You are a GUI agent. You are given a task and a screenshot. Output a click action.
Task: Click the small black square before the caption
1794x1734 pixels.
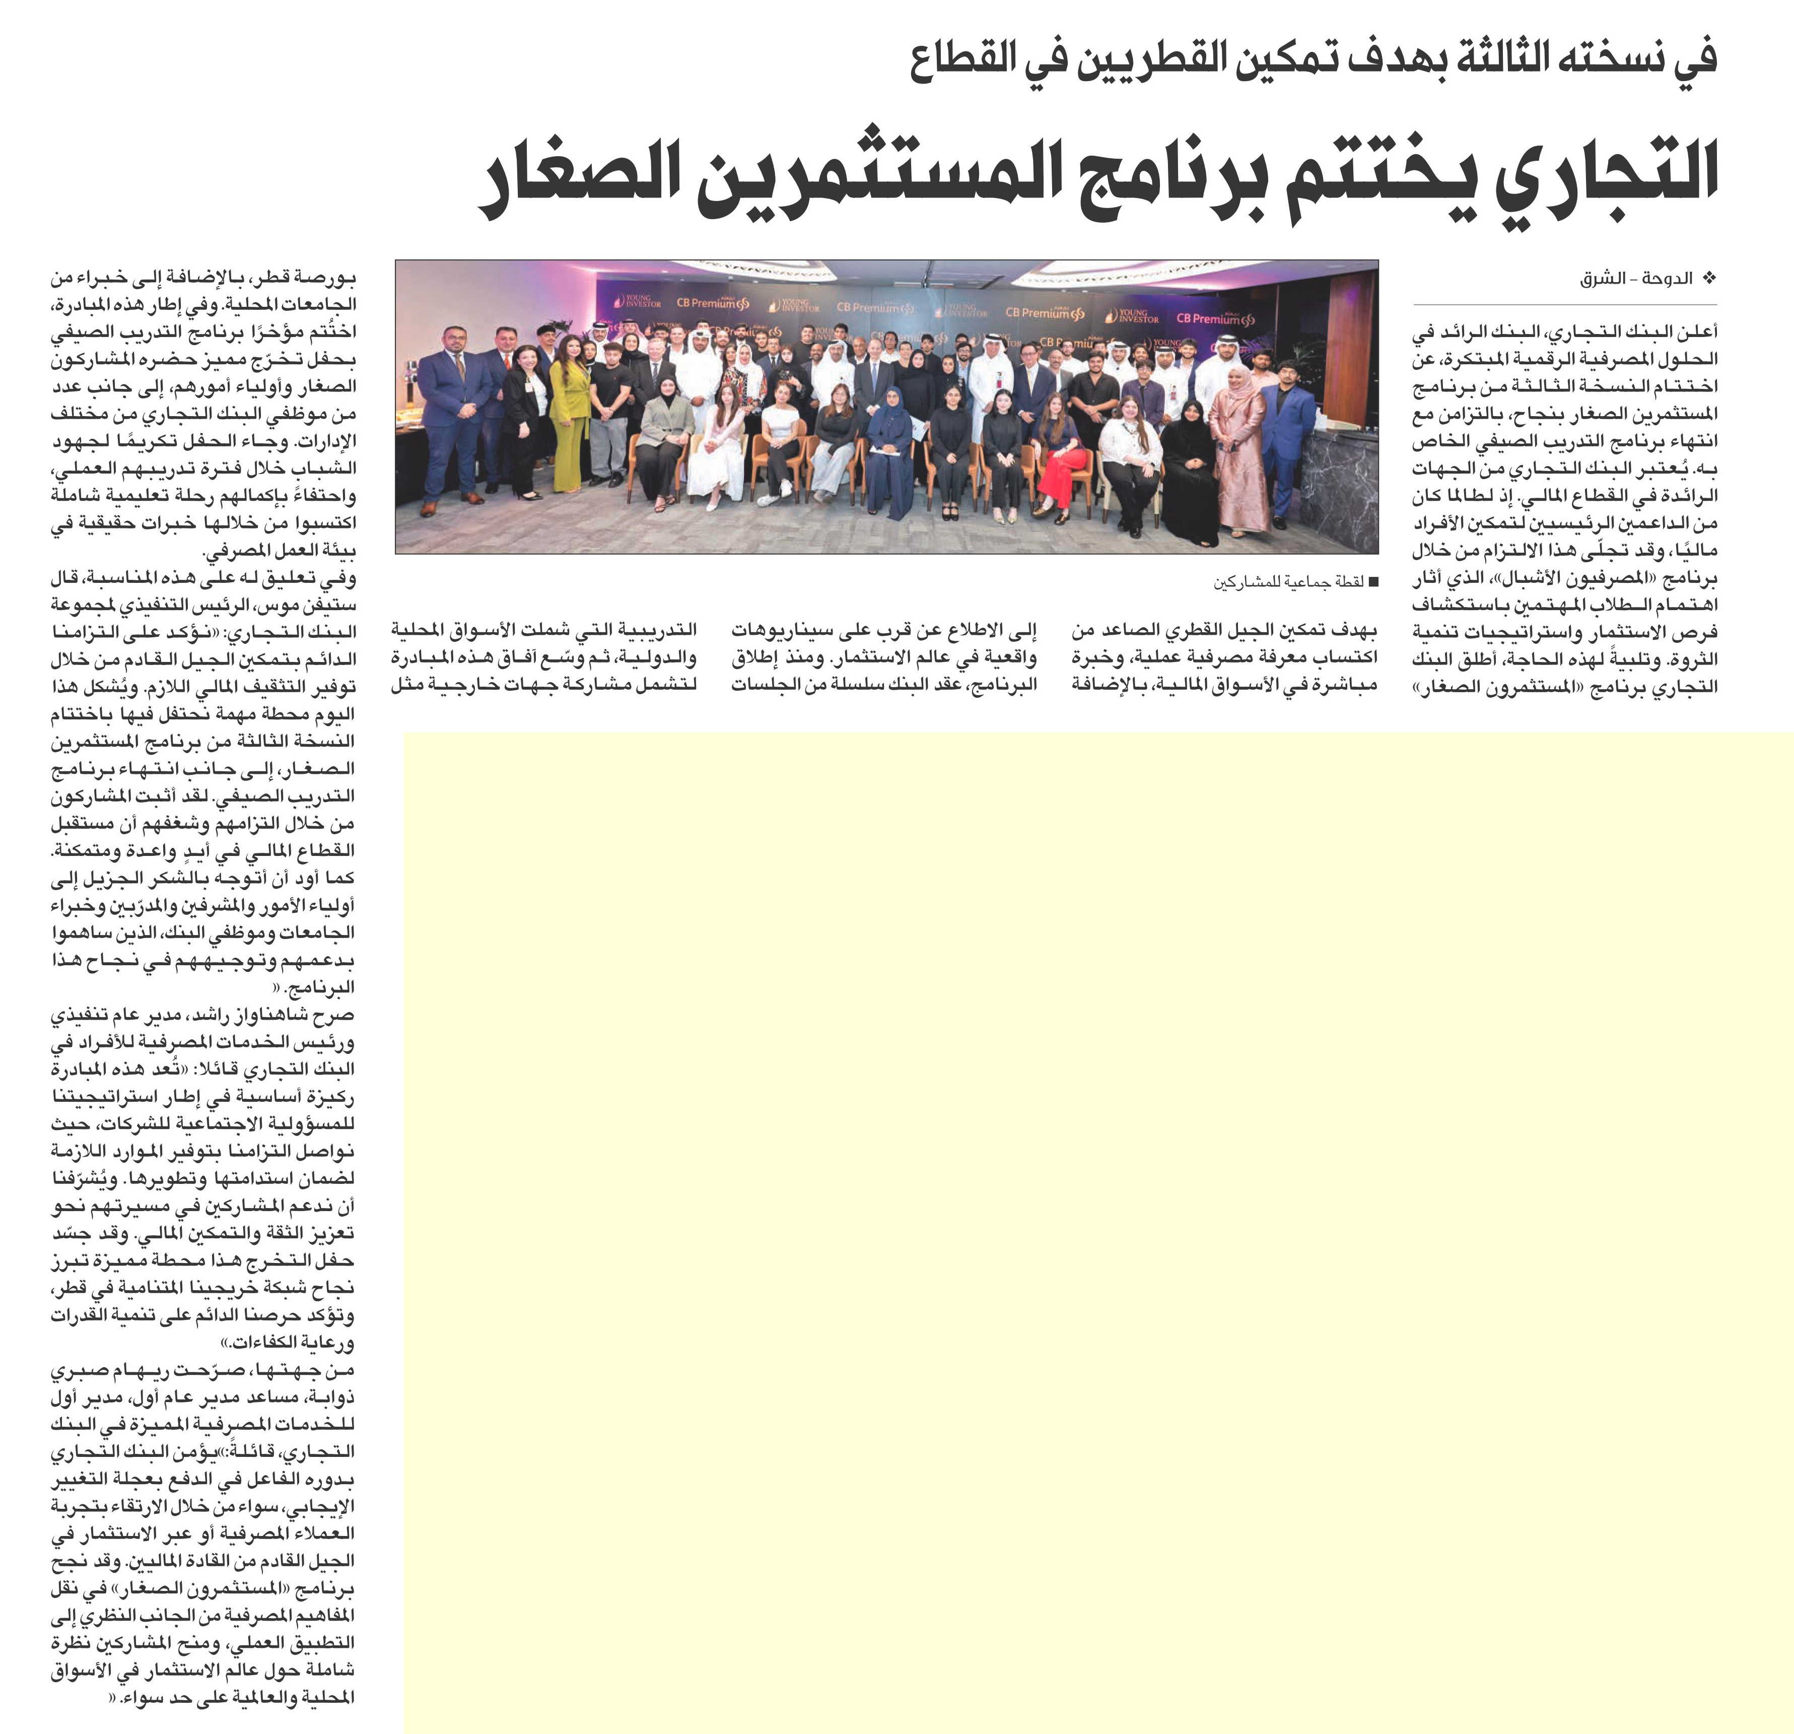coord(1373,581)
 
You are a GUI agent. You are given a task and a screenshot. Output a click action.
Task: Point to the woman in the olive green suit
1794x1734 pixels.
coord(568,412)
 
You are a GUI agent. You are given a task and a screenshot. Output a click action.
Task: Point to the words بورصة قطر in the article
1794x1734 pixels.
coord(318,278)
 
